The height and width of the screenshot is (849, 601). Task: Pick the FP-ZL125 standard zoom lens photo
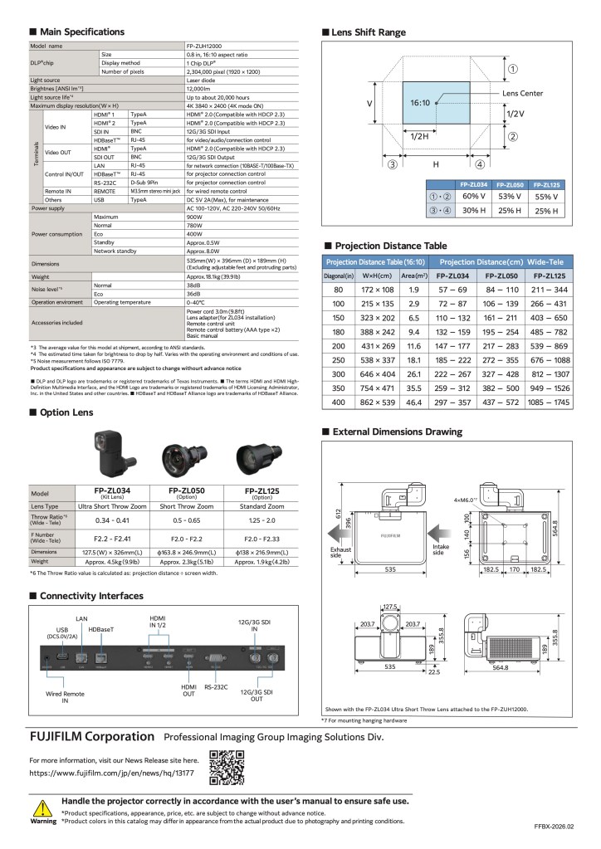(256, 456)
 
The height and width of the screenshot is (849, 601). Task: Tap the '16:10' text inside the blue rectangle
(419, 103)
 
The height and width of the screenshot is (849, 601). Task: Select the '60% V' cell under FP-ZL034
(473, 197)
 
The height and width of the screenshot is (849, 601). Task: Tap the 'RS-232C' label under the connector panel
(216, 687)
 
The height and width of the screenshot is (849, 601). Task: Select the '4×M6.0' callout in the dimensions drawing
(467, 500)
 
